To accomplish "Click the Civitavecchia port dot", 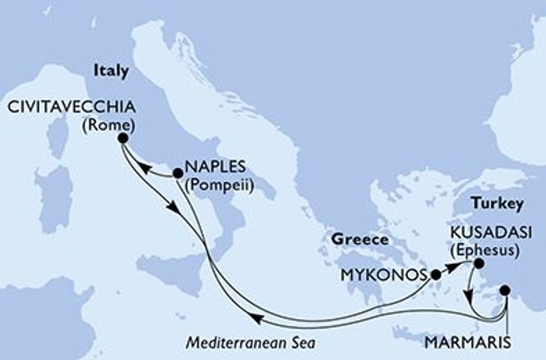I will (x=122, y=138).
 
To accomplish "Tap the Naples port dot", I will (x=178, y=173).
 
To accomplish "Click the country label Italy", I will (x=111, y=69).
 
